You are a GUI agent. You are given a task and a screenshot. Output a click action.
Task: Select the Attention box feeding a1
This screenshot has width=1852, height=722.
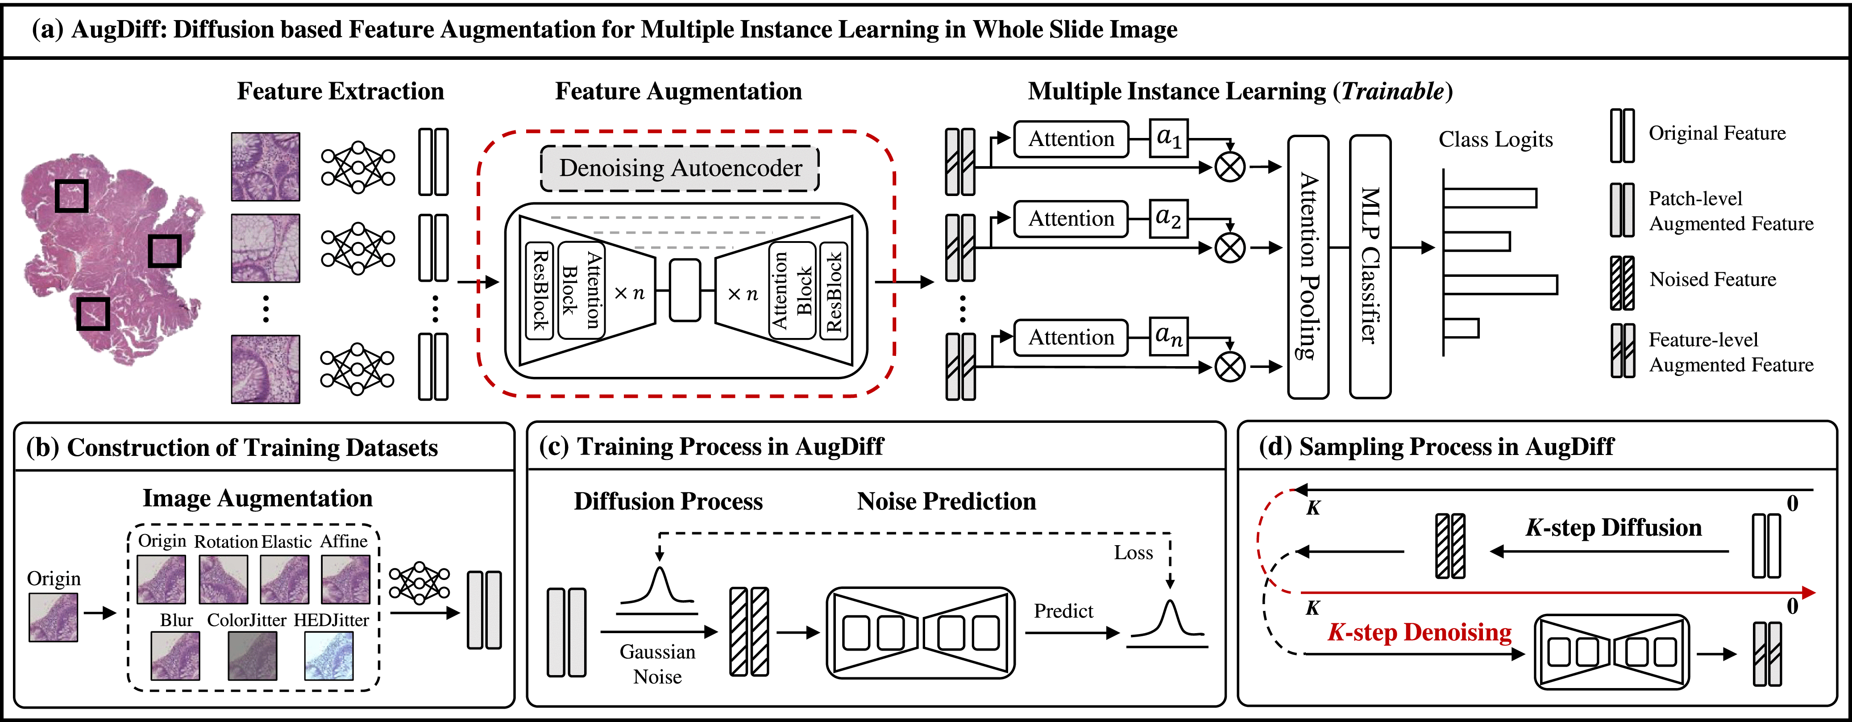click(x=1071, y=139)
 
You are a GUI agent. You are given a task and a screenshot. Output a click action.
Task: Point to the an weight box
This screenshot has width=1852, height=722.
click(x=1168, y=337)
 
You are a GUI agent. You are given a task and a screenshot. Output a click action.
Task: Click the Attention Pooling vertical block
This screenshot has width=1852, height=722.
click(x=1308, y=266)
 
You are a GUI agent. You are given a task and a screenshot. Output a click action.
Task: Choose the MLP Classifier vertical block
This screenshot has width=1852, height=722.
click(x=1370, y=266)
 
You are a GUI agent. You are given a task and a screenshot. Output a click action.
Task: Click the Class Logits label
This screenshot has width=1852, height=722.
click(x=1495, y=139)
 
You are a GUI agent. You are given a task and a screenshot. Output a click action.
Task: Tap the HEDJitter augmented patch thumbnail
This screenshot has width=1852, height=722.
click(x=329, y=655)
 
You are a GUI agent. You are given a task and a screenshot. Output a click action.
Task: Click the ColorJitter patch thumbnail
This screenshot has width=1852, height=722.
click(x=252, y=655)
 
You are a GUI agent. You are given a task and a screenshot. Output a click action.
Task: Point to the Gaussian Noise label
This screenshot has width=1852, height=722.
click(x=657, y=664)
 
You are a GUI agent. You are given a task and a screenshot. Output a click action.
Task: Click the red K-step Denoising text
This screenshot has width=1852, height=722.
click(x=1419, y=633)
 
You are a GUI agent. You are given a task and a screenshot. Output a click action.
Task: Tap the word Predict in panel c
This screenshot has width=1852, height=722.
click(x=1063, y=611)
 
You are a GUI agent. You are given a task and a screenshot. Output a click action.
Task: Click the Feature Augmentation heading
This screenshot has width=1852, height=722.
click(x=678, y=92)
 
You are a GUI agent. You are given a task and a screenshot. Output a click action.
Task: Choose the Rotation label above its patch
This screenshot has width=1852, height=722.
click(x=226, y=542)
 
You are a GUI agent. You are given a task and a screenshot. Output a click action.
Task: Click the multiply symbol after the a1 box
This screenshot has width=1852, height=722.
click(x=1229, y=167)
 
